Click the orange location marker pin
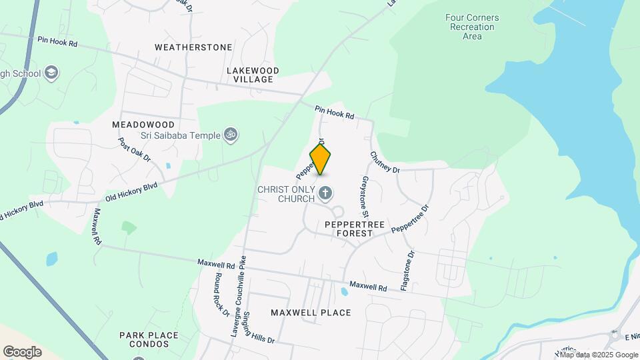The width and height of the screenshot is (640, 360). coord(321,159)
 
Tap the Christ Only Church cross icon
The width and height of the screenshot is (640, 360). coord(326,194)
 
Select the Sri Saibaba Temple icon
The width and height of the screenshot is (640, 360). coord(231,135)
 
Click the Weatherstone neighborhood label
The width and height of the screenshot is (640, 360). coord(193,47)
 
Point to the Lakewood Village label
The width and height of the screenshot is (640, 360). coord(253,75)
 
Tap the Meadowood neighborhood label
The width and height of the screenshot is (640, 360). coord(143,125)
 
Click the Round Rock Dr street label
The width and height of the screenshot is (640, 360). coord(221,294)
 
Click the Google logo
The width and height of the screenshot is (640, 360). coord(23,351)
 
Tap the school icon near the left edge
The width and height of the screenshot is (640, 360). coord(51,73)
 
